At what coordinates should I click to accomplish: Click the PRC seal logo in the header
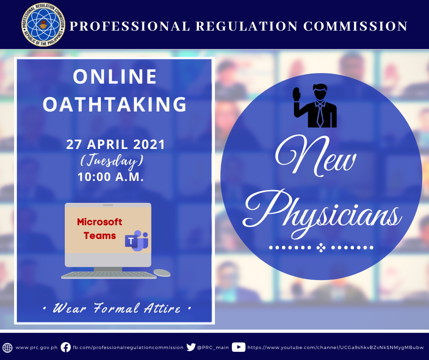tap(43, 25)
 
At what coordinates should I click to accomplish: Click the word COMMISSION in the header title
tap(356, 26)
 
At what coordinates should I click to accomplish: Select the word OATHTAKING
tap(115, 104)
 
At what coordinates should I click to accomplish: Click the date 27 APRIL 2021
tap(115, 144)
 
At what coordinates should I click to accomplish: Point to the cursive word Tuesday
tap(112, 161)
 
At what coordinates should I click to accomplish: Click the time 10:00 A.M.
tap(110, 177)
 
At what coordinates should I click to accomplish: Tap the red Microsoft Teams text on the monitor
tap(99, 229)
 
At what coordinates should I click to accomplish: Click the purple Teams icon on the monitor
tap(136, 241)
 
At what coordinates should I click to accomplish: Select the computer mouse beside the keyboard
tap(162, 273)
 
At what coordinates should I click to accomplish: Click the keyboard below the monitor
tap(109, 275)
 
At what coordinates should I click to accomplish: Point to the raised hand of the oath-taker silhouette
tap(297, 94)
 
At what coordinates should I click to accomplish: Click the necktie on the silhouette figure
tap(319, 115)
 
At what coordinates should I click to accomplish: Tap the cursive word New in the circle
tap(315, 156)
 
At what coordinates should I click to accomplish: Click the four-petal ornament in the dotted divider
tap(321, 248)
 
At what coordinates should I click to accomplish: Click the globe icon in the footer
tap(7, 348)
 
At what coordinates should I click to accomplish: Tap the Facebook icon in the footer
tap(66, 347)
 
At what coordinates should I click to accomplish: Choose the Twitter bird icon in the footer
tap(191, 347)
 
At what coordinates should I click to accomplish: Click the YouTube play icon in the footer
tap(239, 347)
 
